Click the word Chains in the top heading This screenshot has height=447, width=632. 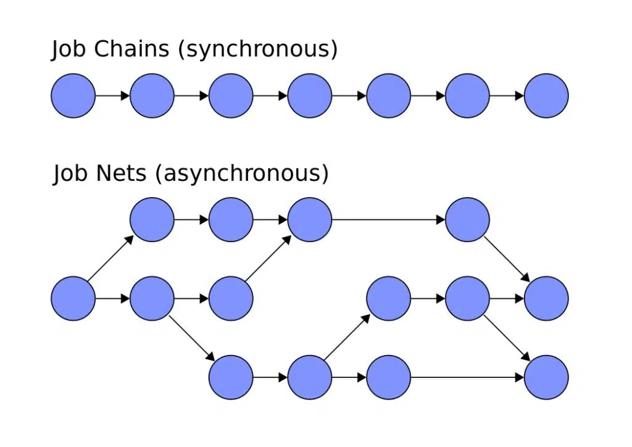131,49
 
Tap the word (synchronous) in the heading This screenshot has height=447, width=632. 257,49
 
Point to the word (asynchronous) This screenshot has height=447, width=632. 242,173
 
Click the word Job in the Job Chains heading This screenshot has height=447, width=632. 69,49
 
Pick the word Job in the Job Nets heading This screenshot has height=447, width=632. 70,173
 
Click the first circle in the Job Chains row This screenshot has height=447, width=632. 73,96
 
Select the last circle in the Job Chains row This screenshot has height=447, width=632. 546,96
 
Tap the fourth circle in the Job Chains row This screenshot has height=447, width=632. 310,96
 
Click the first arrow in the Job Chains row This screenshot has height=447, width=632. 112,96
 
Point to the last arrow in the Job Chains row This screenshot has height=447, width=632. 507,96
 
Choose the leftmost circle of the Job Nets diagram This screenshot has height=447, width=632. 73,298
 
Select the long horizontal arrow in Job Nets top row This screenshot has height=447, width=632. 388,219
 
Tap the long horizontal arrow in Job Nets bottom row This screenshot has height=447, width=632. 467,377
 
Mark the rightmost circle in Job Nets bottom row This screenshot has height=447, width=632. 546,377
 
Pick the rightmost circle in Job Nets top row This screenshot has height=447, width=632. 467,219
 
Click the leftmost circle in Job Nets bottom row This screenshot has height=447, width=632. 231,377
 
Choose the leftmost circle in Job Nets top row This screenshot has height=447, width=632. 152,219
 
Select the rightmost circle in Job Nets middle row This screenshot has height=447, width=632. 546,298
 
